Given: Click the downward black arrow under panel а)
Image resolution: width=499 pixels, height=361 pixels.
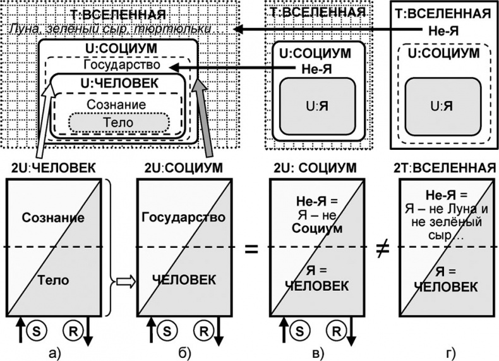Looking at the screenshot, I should tap(88, 333).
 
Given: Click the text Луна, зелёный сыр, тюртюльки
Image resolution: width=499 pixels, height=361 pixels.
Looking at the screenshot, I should tap(111, 30).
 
